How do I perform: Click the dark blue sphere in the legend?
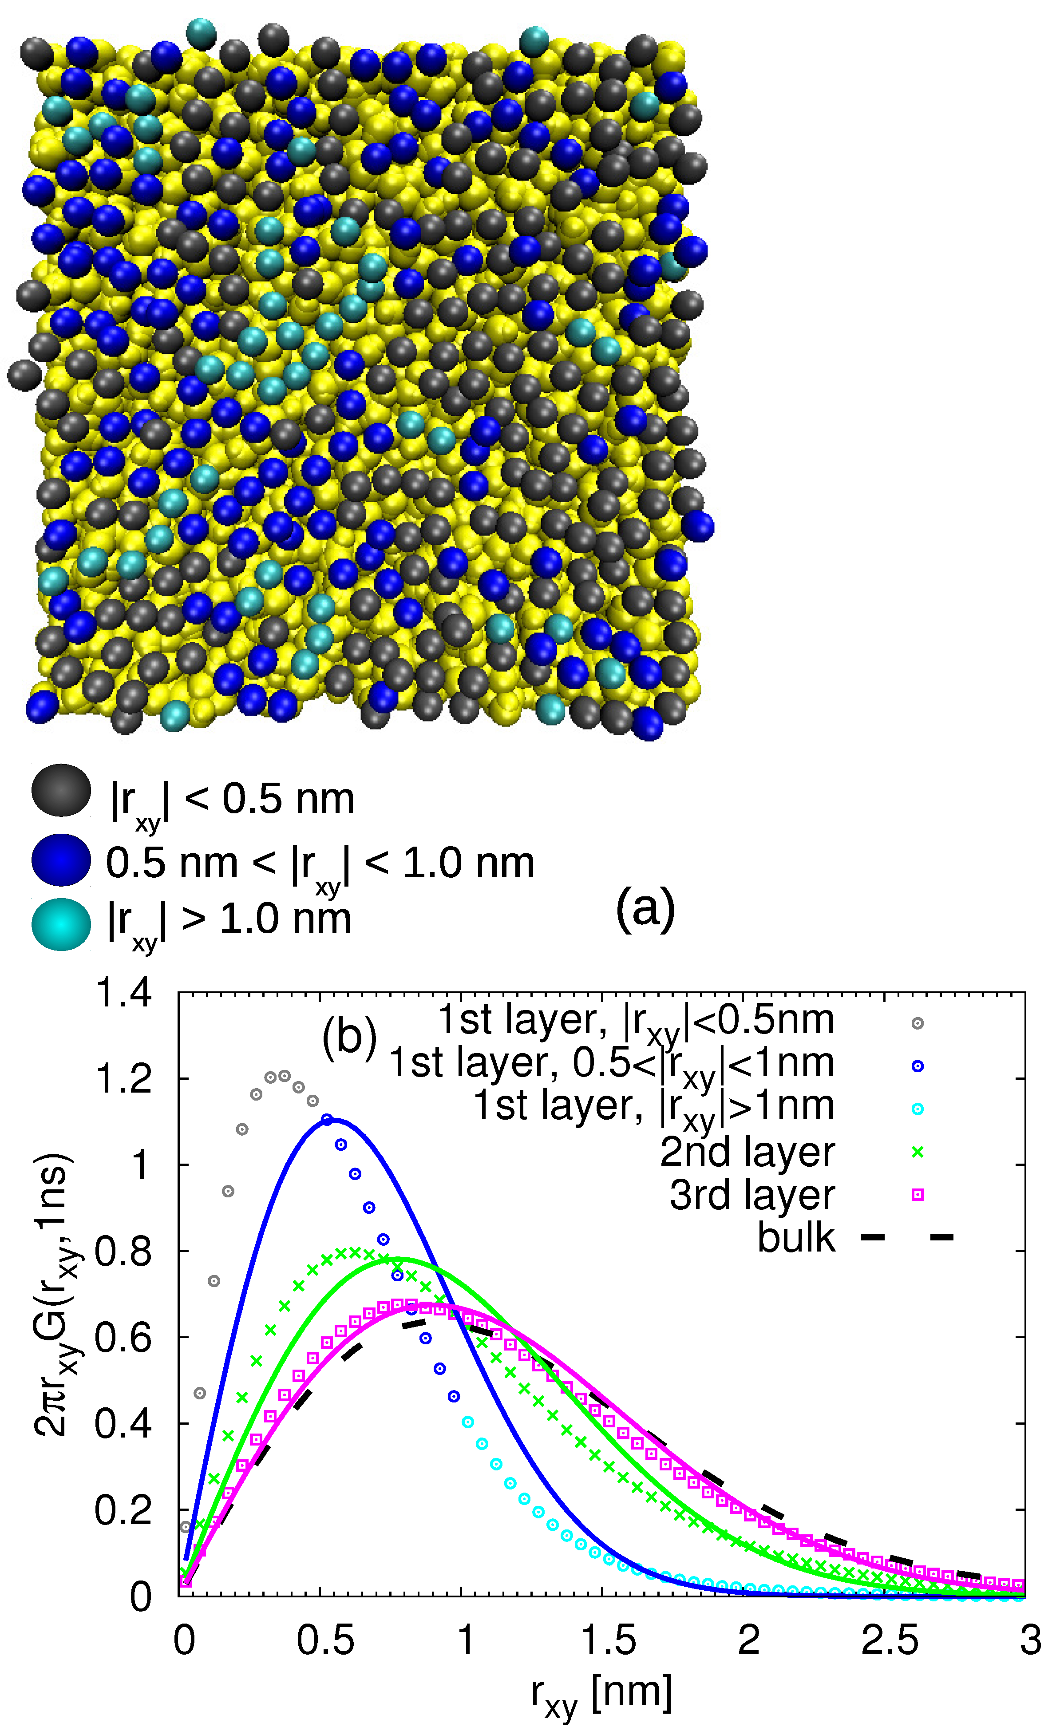click(x=61, y=859)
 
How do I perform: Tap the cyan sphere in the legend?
click(x=61, y=924)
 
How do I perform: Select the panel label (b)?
click(x=349, y=1038)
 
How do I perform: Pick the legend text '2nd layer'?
click(x=748, y=1152)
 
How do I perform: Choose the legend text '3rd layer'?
click(x=752, y=1195)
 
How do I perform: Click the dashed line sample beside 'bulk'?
click(x=906, y=1237)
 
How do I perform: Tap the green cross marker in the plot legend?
click(x=917, y=1152)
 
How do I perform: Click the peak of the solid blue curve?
click(x=334, y=1119)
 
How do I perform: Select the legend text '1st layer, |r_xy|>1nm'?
click(x=653, y=1108)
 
